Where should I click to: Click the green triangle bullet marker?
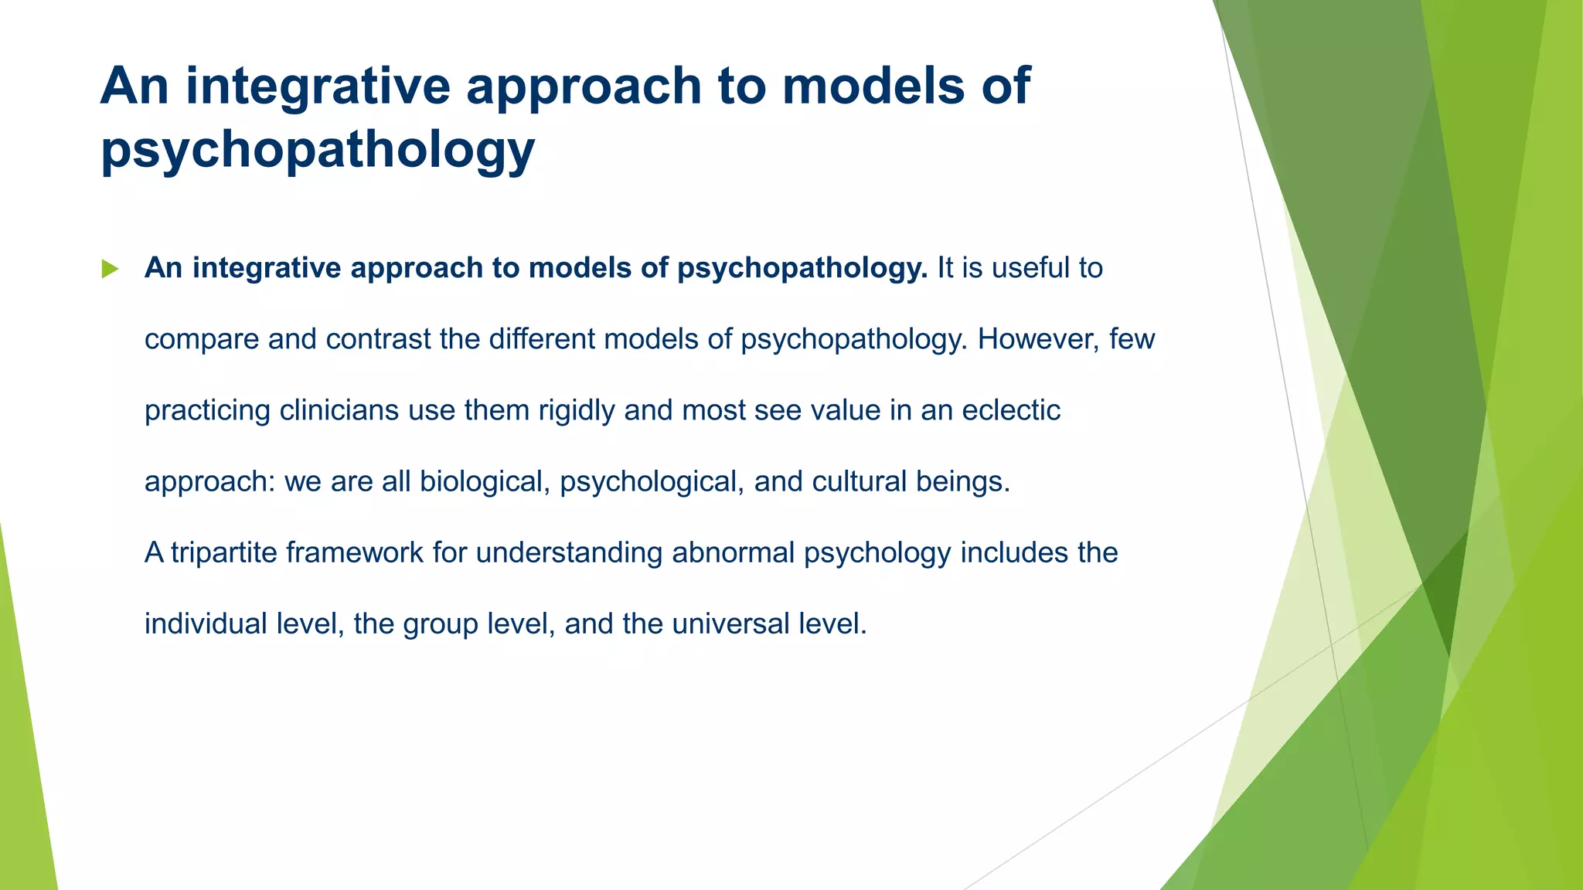(110, 269)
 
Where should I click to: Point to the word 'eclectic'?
(1010, 410)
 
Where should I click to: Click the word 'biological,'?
(485, 482)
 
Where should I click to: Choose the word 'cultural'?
(860, 482)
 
